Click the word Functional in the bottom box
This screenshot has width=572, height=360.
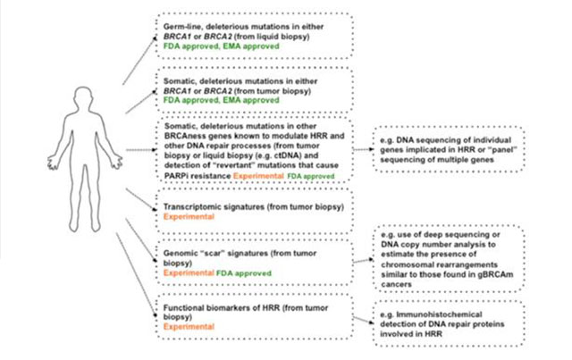pos(181,306)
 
